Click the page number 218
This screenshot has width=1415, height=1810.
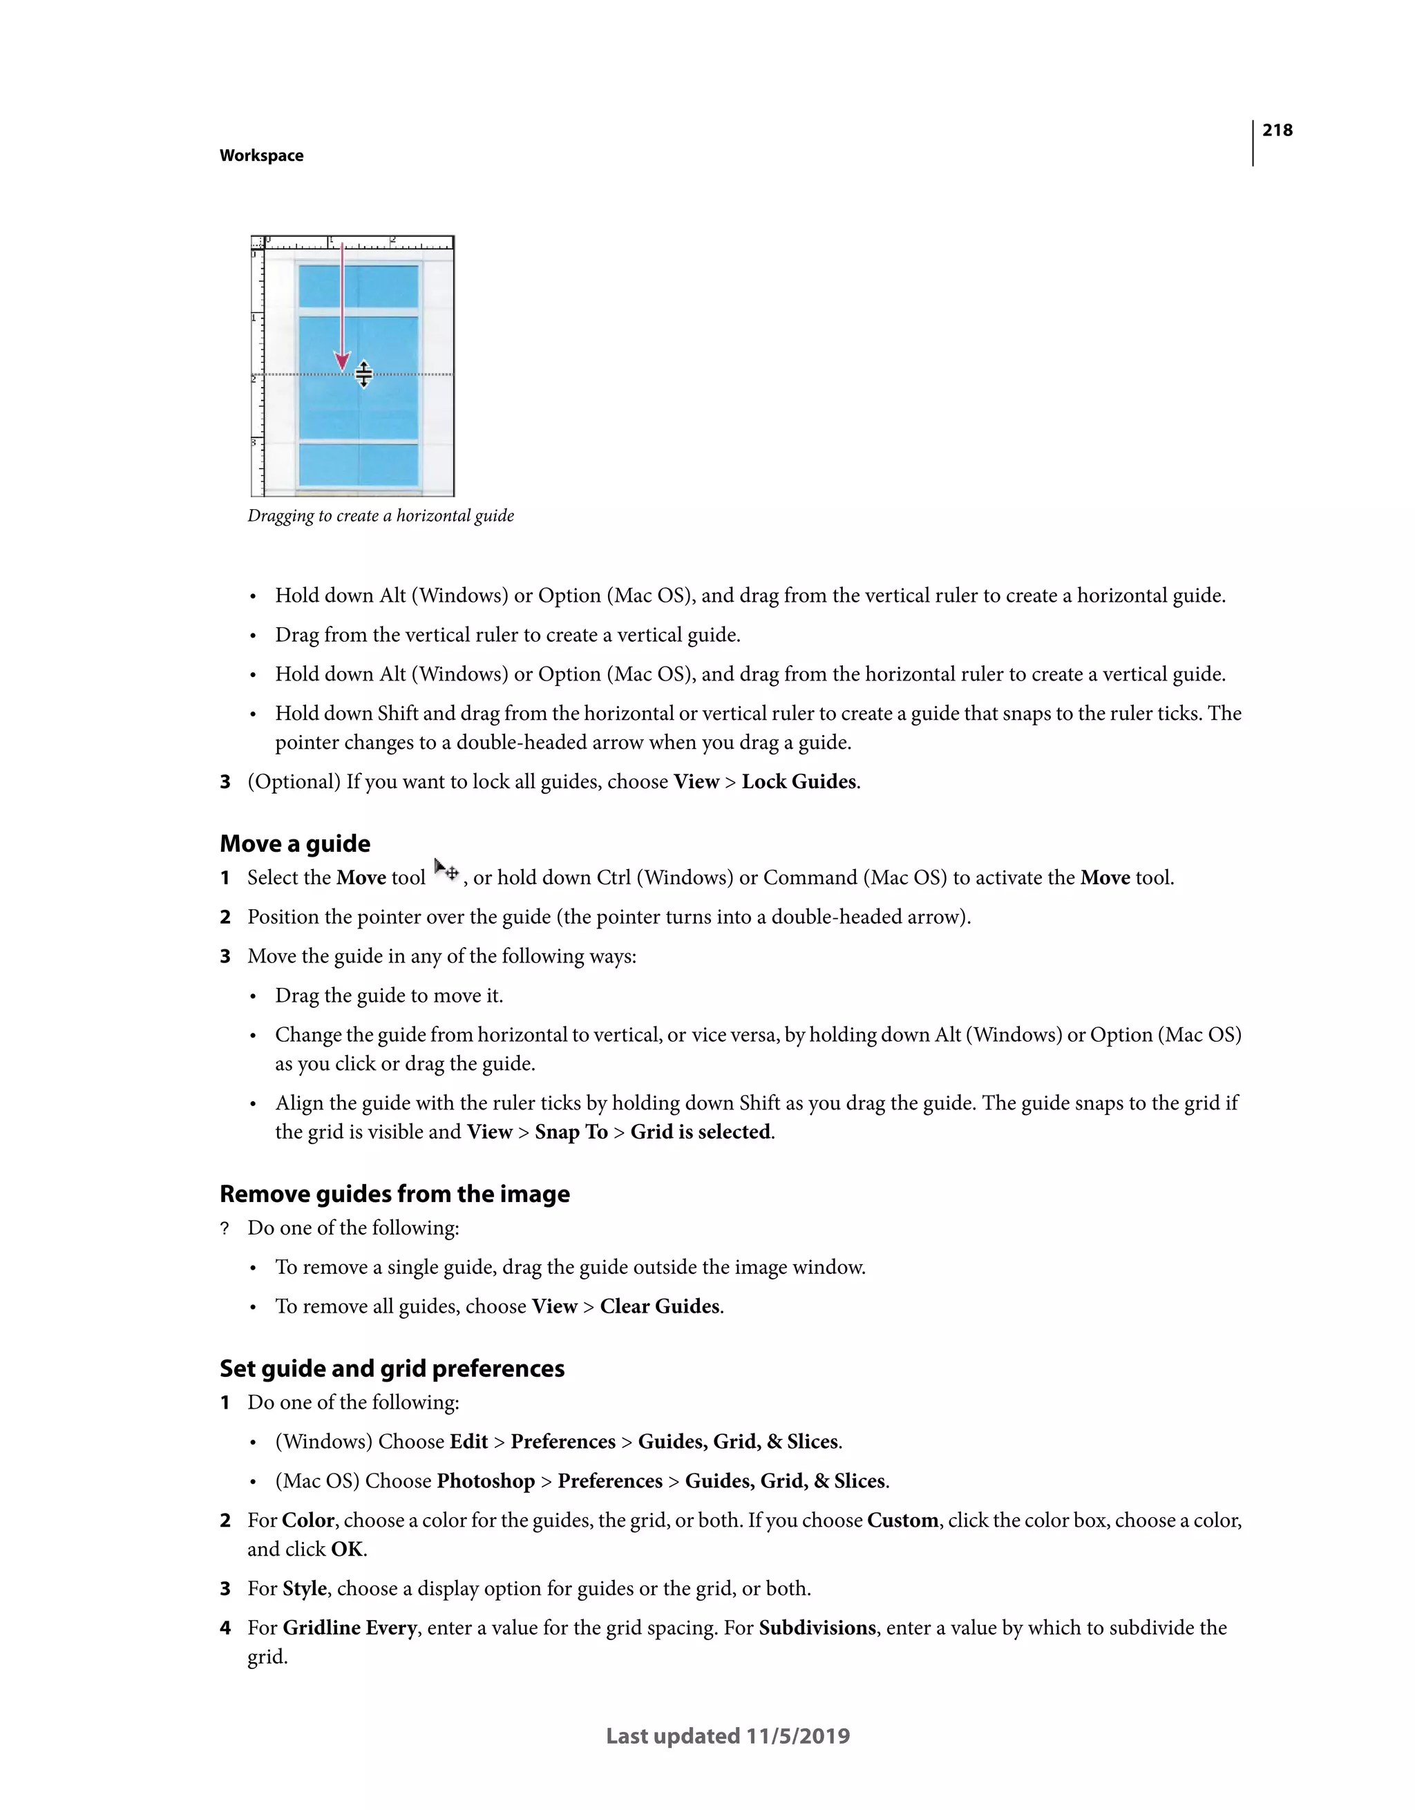[x=1277, y=130]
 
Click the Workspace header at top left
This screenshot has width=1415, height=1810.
[x=261, y=156]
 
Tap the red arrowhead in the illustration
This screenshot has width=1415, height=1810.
[x=341, y=361]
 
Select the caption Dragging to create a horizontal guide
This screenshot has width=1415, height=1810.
[x=381, y=515]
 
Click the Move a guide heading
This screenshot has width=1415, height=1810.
[x=295, y=844]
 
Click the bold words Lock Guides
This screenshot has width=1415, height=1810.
[x=798, y=781]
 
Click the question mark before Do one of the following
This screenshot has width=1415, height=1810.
[x=225, y=1228]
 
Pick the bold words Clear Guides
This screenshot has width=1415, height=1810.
[x=660, y=1306]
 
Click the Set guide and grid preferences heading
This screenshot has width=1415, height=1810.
[x=392, y=1369]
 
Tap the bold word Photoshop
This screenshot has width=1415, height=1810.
[x=486, y=1481]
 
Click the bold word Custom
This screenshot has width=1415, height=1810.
[x=902, y=1520]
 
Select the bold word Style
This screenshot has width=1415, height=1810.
[x=304, y=1589]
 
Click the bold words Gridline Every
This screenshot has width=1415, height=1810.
[x=349, y=1628]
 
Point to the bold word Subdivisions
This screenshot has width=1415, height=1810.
[x=817, y=1628]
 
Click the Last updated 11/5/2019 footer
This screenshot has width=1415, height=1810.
[x=728, y=1736]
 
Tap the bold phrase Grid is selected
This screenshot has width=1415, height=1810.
[x=701, y=1132]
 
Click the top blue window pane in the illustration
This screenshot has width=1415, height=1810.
[x=358, y=286]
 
